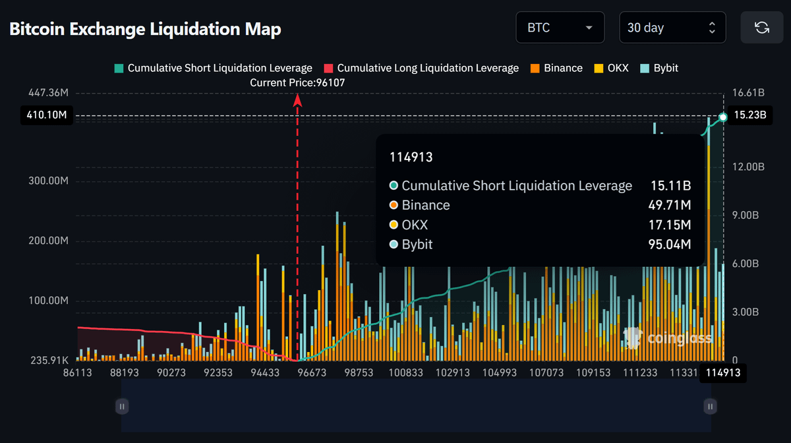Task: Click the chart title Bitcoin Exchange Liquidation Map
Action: pyautogui.click(x=145, y=29)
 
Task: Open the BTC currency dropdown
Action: pyautogui.click(x=560, y=28)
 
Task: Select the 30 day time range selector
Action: pyautogui.click(x=672, y=28)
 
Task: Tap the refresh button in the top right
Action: pyautogui.click(x=761, y=28)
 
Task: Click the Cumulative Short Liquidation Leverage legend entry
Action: pyautogui.click(x=213, y=68)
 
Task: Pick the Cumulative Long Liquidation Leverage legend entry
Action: pyautogui.click(x=421, y=68)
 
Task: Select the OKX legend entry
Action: pyautogui.click(x=612, y=68)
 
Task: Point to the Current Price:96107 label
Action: pyautogui.click(x=297, y=83)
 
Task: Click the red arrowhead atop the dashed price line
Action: pyautogui.click(x=297, y=100)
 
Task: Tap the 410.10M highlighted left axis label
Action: pyautogui.click(x=45, y=115)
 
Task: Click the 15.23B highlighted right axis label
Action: pyautogui.click(x=749, y=115)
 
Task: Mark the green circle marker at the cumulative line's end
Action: pyautogui.click(x=723, y=117)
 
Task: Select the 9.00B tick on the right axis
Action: pyautogui.click(x=748, y=215)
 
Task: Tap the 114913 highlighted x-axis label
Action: pyautogui.click(x=723, y=372)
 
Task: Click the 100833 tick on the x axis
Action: pyautogui.click(x=406, y=372)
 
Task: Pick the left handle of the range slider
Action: pyautogui.click(x=121, y=406)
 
